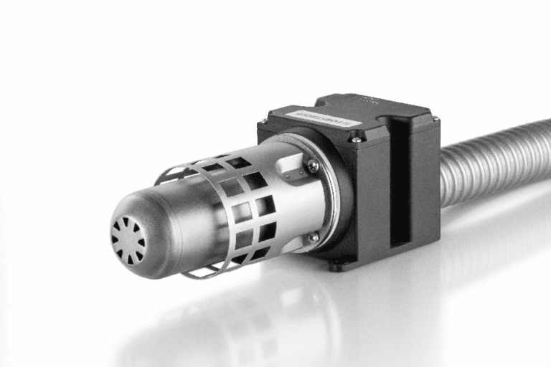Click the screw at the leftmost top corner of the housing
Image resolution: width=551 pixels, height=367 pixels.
click(264, 122)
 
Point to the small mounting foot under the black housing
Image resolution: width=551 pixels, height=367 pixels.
click(336, 267)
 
